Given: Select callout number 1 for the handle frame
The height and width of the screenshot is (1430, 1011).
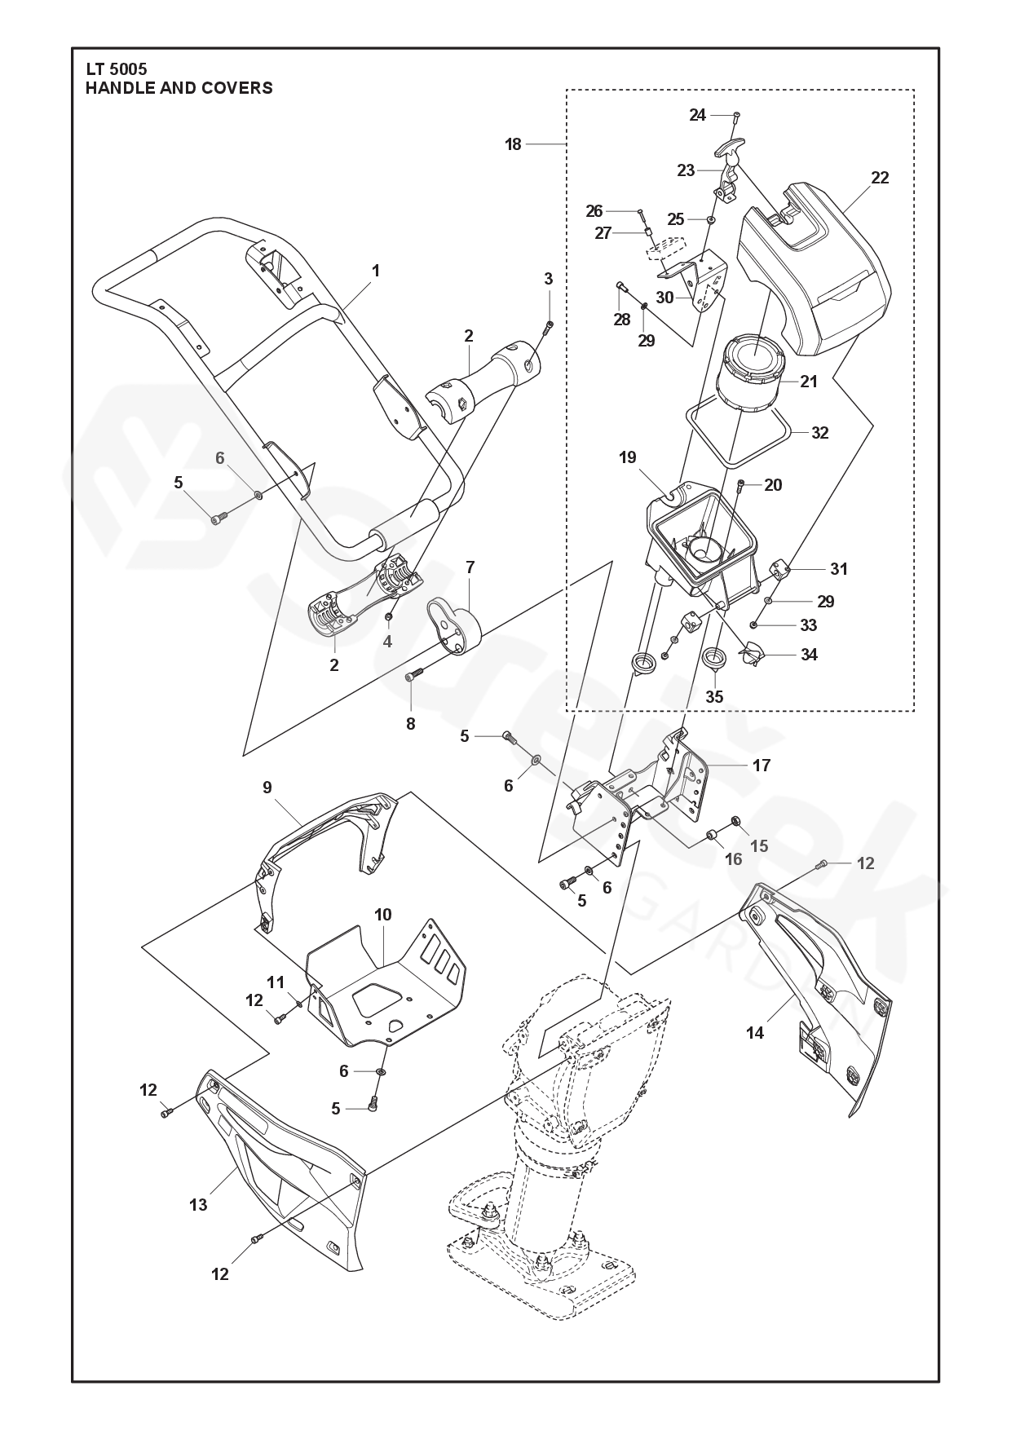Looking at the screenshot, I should click(x=376, y=271).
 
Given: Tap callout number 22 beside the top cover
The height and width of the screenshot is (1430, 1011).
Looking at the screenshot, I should click(x=880, y=178).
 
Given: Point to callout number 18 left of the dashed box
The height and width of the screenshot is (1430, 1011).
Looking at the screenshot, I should click(x=513, y=145).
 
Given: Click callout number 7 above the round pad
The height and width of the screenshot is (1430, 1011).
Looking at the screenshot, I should click(x=470, y=566).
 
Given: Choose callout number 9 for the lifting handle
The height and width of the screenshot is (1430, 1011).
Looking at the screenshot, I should click(x=267, y=788).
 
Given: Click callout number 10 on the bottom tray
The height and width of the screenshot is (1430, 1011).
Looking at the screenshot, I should click(x=383, y=915).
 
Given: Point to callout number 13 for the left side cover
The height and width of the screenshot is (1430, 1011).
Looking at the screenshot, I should click(x=198, y=1204).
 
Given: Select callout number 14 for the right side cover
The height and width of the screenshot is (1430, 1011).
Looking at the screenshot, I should click(x=755, y=1033).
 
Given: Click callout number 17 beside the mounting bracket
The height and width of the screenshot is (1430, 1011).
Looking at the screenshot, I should click(x=762, y=766).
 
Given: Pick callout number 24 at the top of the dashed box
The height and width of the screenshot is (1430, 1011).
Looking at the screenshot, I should click(x=697, y=116).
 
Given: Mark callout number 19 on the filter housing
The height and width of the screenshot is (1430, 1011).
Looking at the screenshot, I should click(x=627, y=457).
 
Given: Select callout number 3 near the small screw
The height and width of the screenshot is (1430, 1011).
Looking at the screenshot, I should click(x=549, y=279).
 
